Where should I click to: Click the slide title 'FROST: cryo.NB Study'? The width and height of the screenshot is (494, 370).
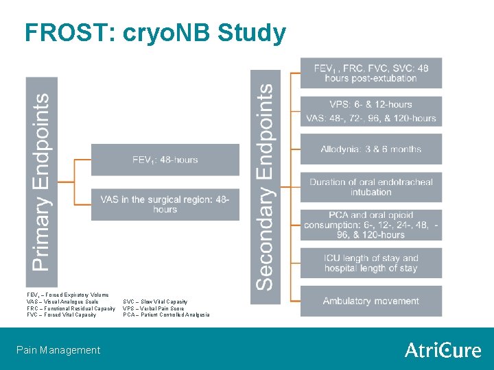[155, 32]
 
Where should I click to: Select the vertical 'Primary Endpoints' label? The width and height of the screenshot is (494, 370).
[41, 182]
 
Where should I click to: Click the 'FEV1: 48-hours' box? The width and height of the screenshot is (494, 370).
[165, 160]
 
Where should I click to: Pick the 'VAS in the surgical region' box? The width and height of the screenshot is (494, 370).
[165, 204]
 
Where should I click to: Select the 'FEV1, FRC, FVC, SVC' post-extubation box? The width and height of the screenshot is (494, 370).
[370, 73]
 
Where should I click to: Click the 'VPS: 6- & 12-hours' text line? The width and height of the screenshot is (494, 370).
[370, 104]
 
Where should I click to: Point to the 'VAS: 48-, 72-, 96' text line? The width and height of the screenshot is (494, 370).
[371, 118]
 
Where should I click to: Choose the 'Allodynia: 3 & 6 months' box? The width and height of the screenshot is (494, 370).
[370, 149]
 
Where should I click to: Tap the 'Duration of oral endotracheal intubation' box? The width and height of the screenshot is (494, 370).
[370, 187]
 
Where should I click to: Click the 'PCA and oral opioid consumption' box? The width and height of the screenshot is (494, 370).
[370, 225]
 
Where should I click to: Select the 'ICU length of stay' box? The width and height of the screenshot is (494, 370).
[370, 263]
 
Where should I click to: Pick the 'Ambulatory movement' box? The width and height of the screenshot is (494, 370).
[370, 301]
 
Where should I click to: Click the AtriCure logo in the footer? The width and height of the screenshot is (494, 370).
[443, 350]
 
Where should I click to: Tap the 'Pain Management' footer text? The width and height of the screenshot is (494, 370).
[58, 350]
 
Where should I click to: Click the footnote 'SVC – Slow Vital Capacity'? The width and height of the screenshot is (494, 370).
[155, 301]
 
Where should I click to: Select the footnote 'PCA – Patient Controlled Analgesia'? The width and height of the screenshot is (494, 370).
[166, 315]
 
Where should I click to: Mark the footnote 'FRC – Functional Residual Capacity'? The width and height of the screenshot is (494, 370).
[71, 308]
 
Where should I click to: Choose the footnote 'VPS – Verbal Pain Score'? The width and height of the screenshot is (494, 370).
[153, 308]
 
